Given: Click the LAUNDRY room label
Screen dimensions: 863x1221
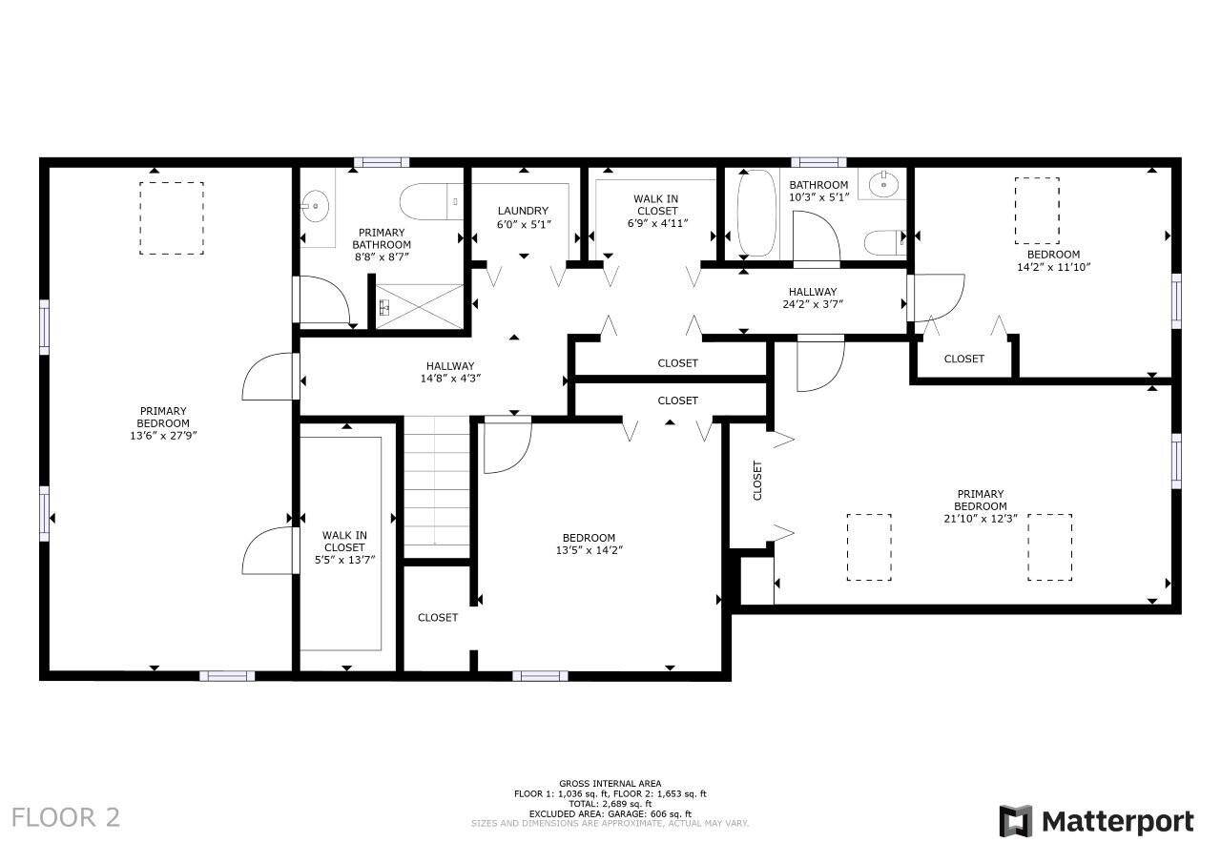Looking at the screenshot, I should coord(524,217).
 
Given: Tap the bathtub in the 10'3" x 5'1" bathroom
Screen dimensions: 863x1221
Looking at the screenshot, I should coord(757,214).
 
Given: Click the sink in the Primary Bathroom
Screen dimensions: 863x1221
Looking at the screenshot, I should coord(315,205).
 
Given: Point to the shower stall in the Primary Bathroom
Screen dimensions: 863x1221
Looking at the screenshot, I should coord(420,306).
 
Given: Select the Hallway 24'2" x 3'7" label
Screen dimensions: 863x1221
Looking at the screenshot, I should coord(812,298).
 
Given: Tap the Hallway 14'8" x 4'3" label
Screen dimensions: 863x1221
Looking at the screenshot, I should coord(451,372).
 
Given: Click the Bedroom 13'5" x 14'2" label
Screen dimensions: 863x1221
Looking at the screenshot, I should coord(589,544).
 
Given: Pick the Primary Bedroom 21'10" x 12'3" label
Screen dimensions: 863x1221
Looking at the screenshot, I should coord(980,500).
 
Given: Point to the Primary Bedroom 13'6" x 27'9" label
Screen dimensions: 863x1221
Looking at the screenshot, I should coord(163,422).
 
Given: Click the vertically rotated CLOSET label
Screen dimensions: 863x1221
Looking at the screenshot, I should coord(757,481).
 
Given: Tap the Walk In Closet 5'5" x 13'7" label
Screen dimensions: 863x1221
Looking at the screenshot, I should coord(344,547).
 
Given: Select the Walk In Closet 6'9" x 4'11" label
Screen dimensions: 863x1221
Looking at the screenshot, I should coord(656,211).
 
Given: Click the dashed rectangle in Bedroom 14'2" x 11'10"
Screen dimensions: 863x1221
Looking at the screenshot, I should coord(1037,210).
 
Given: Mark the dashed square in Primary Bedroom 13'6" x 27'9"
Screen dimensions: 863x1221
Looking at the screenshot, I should coord(172,218).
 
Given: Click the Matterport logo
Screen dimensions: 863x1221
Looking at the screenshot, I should coord(1096,821).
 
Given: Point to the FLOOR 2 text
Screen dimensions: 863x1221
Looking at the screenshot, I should coord(66,817).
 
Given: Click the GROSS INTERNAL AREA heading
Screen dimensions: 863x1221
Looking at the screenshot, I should coord(610,784).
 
